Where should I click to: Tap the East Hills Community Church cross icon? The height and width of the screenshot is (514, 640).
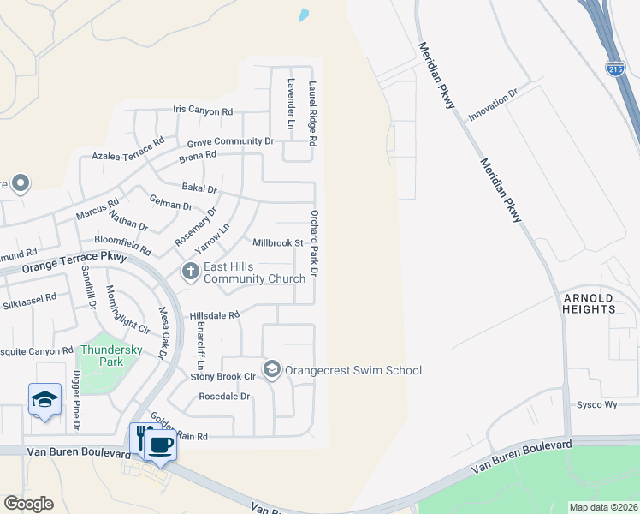[x=190, y=272]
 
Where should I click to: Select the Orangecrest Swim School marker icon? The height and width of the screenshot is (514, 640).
[x=272, y=369]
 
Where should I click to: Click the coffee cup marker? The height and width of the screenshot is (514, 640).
[x=160, y=445]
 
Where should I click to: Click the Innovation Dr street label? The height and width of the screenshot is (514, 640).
[x=494, y=107]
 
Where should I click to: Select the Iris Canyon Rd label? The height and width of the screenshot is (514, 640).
[x=203, y=111]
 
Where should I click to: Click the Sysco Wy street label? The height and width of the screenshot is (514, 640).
[x=596, y=404]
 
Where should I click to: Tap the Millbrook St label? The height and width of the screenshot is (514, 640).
[x=278, y=243]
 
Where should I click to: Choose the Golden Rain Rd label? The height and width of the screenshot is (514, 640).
[x=179, y=427]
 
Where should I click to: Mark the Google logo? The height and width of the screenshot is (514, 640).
[x=28, y=504]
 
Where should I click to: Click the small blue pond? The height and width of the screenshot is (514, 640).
[x=304, y=15]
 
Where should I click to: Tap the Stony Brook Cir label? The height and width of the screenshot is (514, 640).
[x=222, y=375]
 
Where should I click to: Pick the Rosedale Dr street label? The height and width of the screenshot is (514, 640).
[x=224, y=397]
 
